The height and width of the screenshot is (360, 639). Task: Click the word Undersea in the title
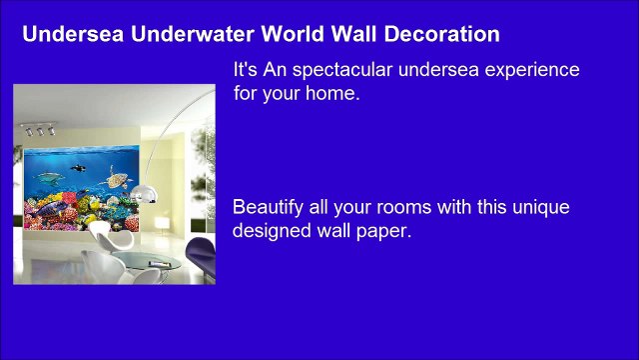[66, 35]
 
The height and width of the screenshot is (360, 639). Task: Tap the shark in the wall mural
[48, 179]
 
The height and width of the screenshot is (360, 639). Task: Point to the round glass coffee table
[150, 265]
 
